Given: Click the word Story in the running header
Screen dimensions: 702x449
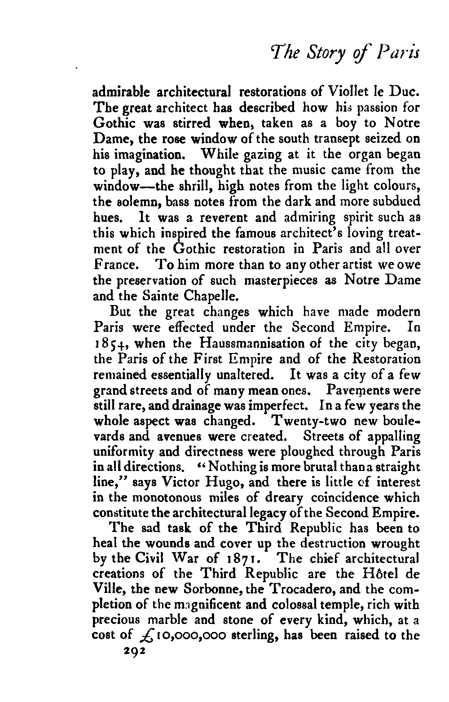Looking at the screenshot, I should pos(333,55).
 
